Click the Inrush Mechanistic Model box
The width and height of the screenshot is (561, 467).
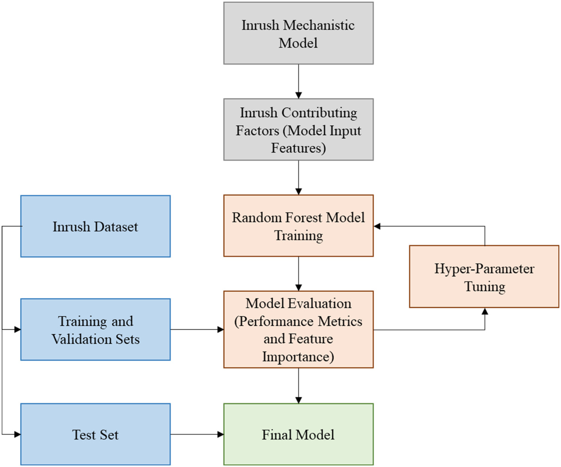(x=298, y=33)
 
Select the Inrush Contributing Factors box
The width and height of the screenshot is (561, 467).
(x=298, y=129)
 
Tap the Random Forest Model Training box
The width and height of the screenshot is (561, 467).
(x=298, y=226)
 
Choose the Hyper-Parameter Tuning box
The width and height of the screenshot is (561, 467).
(x=484, y=276)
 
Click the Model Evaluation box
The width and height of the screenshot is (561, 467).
(x=298, y=330)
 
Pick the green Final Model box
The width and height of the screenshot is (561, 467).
(x=298, y=434)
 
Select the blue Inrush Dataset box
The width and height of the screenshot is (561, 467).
(x=95, y=226)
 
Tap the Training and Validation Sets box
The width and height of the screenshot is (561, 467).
(x=95, y=330)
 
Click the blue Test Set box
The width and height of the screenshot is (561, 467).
(x=95, y=434)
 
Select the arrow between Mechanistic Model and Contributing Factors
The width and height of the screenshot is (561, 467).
(x=298, y=82)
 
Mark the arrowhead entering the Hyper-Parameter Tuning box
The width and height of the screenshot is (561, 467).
(x=485, y=311)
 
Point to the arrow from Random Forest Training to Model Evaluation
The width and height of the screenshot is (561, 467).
(x=298, y=274)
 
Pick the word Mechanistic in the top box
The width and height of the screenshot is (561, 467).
(x=319, y=25)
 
